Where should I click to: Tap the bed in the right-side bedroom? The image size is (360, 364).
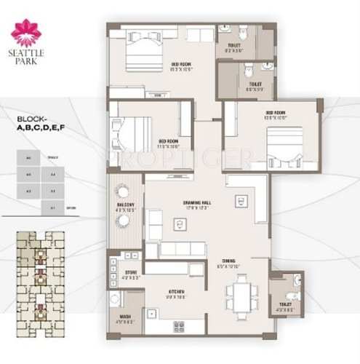click(284, 146)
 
